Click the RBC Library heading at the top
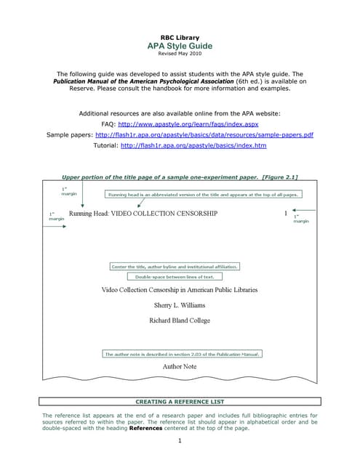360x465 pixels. point(179,37)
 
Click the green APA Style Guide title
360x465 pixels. point(179,46)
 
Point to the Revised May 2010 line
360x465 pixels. point(179,54)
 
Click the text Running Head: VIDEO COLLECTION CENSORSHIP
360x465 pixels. point(143,214)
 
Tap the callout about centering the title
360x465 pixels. point(174,267)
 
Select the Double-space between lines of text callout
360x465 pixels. point(174,277)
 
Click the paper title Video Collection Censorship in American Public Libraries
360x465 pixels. point(179,290)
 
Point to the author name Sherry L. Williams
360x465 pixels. point(179,305)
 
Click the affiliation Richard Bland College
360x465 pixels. point(179,320)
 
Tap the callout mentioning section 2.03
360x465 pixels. point(182,354)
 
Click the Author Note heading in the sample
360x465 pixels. point(179,367)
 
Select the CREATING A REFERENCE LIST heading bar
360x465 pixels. point(179,401)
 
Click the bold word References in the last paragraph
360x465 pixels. point(150,429)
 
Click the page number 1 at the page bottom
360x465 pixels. point(179,441)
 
